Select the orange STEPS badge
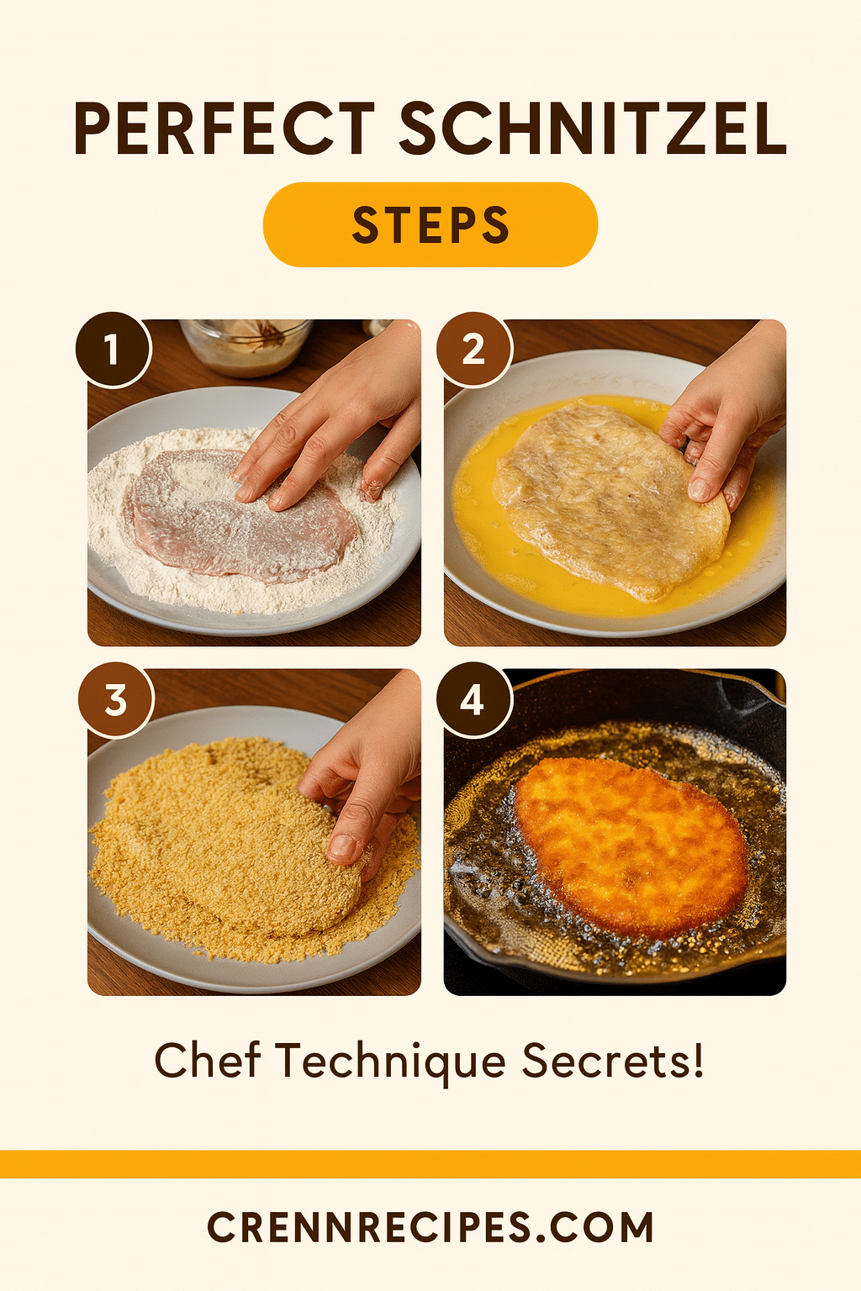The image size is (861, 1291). click(430, 225)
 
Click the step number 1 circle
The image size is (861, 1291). click(113, 350)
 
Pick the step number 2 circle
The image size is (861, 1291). click(473, 350)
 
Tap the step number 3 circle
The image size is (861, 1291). click(116, 700)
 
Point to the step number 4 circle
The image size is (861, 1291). click(473, 700)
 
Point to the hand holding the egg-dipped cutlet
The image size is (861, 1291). click(723, 420)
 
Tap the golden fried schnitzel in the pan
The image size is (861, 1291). click(631, 845)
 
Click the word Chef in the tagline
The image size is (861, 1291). click(207, 1061)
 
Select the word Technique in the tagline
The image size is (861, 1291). click(390, 1061)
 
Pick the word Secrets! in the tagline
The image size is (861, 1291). click(612, 1061)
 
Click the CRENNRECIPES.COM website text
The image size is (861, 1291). click(430, 1227)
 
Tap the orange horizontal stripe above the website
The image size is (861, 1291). click(430, 1164)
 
